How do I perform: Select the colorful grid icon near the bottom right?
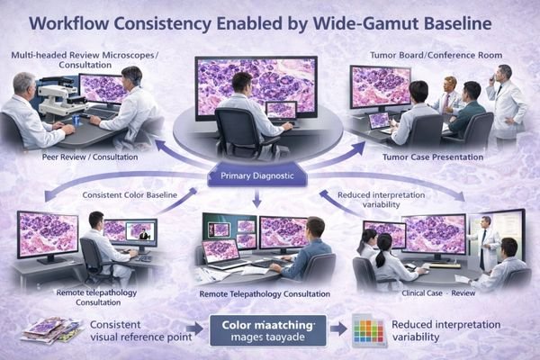364,331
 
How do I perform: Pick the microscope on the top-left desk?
56,95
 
